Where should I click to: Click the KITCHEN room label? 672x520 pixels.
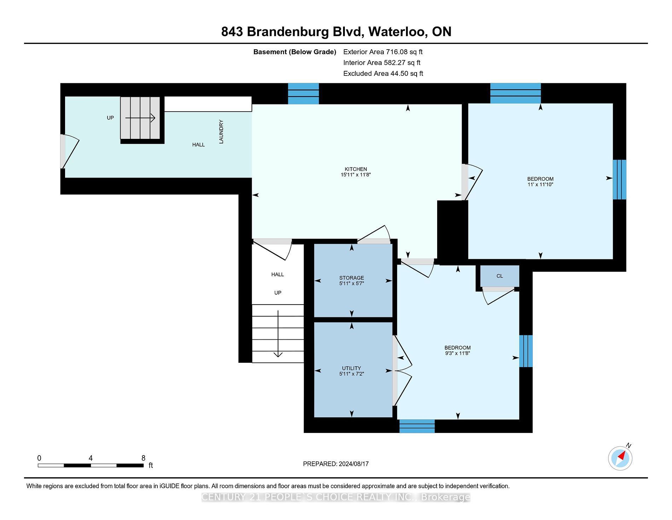point(356,169)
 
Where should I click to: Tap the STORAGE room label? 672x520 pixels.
point(352,278)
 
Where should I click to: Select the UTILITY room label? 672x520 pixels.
point(352,368)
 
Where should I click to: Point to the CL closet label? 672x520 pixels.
point(499,276)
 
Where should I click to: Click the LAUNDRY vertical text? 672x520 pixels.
point(221,132)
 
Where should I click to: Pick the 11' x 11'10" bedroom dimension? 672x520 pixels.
point(540,184)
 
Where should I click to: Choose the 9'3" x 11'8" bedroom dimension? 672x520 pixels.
point(457,353)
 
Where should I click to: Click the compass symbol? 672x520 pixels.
point(621,457)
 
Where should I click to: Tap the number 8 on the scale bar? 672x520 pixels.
point(143,458)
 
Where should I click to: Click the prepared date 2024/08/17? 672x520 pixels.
point(354,464)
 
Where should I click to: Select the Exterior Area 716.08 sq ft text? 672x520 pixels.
point(383,52)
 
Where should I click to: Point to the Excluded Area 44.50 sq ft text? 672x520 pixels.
point(383,73)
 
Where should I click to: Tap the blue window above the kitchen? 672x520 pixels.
point(303,94)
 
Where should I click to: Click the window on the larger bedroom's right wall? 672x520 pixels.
point(619,180)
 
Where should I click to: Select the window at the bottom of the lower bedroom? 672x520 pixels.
point(417,426)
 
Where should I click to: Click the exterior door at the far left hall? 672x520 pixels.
point(69,152)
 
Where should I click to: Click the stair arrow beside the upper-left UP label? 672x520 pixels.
point(140,118)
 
